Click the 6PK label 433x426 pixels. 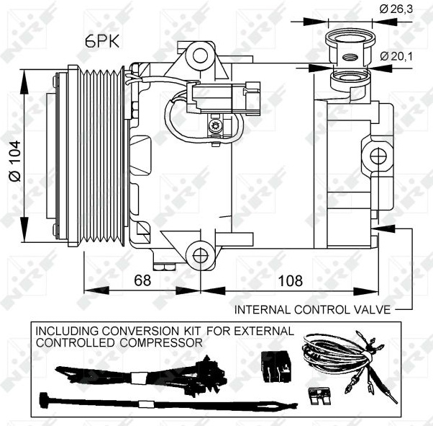102,42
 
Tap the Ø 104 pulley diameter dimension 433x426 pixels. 14,161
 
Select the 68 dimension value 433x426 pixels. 142,280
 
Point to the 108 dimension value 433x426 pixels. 291,280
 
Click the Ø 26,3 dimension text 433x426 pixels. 396,9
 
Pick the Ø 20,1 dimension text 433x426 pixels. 396,56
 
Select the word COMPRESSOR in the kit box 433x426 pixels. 161,342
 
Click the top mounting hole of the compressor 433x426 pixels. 200,56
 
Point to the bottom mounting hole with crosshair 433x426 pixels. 200,256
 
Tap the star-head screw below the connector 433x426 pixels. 214,126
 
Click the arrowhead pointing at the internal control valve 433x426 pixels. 383,228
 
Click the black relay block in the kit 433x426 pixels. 276,366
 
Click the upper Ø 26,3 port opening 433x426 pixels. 350,38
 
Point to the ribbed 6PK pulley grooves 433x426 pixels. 101,156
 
